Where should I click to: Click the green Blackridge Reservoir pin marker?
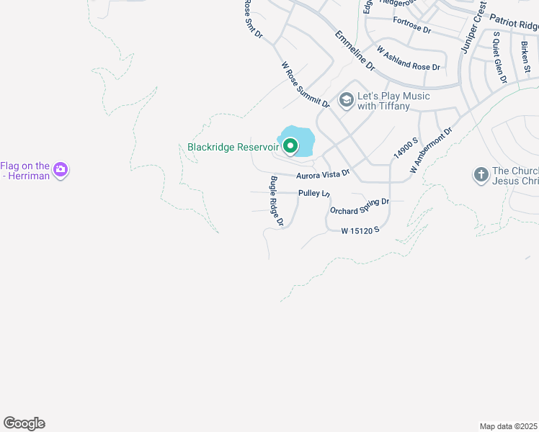[x=290, y=146]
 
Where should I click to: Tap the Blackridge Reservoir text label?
[x=233, y=147]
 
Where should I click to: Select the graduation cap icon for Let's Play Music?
[x=347, y=100]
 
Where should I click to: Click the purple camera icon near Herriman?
[x=61, y=170]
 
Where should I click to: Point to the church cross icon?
[x=481, y=174]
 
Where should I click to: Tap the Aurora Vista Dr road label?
[x=323, y=174]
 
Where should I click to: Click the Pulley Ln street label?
[x=313, y=193]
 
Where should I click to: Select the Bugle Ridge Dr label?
[x=277, y=202]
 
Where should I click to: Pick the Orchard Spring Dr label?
[x=360, y=206]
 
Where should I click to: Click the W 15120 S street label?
[x=360, y=230]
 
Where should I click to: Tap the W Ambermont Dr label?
[x=431, y=150]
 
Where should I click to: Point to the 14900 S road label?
[x=406, y=148]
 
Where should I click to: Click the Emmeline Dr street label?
[x=355, y=50]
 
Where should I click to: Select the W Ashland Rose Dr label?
[x=409, y=58]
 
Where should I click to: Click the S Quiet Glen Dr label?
[x=499, y=58]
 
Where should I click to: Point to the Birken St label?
[x=526, y=58]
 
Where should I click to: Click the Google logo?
[x=24, y=423]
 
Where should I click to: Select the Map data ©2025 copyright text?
[x=509, y=426]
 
